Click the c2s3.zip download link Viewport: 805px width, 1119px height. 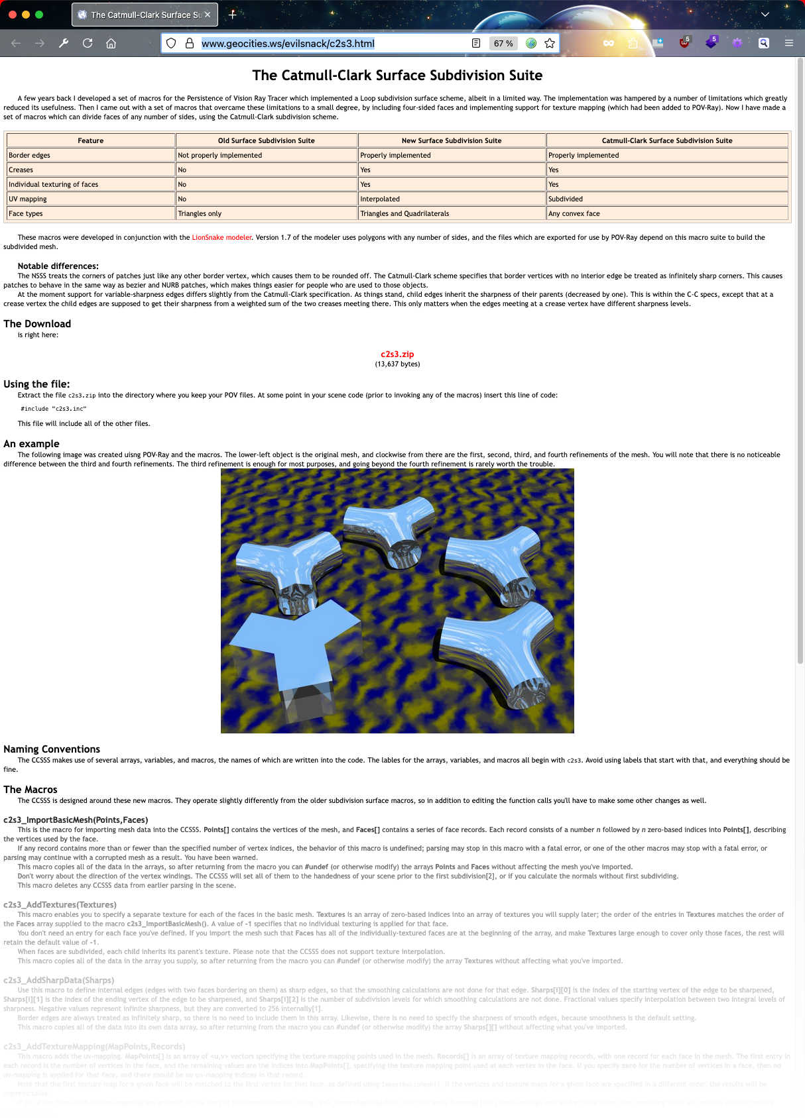point(397,354)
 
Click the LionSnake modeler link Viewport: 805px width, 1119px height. point(221,237)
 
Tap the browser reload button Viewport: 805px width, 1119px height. point(88,43)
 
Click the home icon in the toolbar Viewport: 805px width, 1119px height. point(111,43)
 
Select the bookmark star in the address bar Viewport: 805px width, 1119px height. point(550,43)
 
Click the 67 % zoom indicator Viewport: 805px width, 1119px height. point(503,43)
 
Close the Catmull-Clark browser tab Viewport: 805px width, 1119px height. point(208,15)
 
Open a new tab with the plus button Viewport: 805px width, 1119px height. point(232,15)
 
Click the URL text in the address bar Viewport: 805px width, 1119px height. point(288,44)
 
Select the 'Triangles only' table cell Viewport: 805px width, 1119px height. point(200,213)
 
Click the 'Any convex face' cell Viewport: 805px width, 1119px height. point(574,213)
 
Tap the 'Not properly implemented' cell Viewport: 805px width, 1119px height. point(219,155)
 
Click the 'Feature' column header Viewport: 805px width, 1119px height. point(90,140)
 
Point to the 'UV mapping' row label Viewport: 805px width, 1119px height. point(28,199)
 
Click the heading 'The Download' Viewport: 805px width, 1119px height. point(37,324)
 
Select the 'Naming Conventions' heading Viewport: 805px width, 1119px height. point(52,749)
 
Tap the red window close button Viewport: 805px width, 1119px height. point(12,15)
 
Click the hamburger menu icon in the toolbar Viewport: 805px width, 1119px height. point(788,43)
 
